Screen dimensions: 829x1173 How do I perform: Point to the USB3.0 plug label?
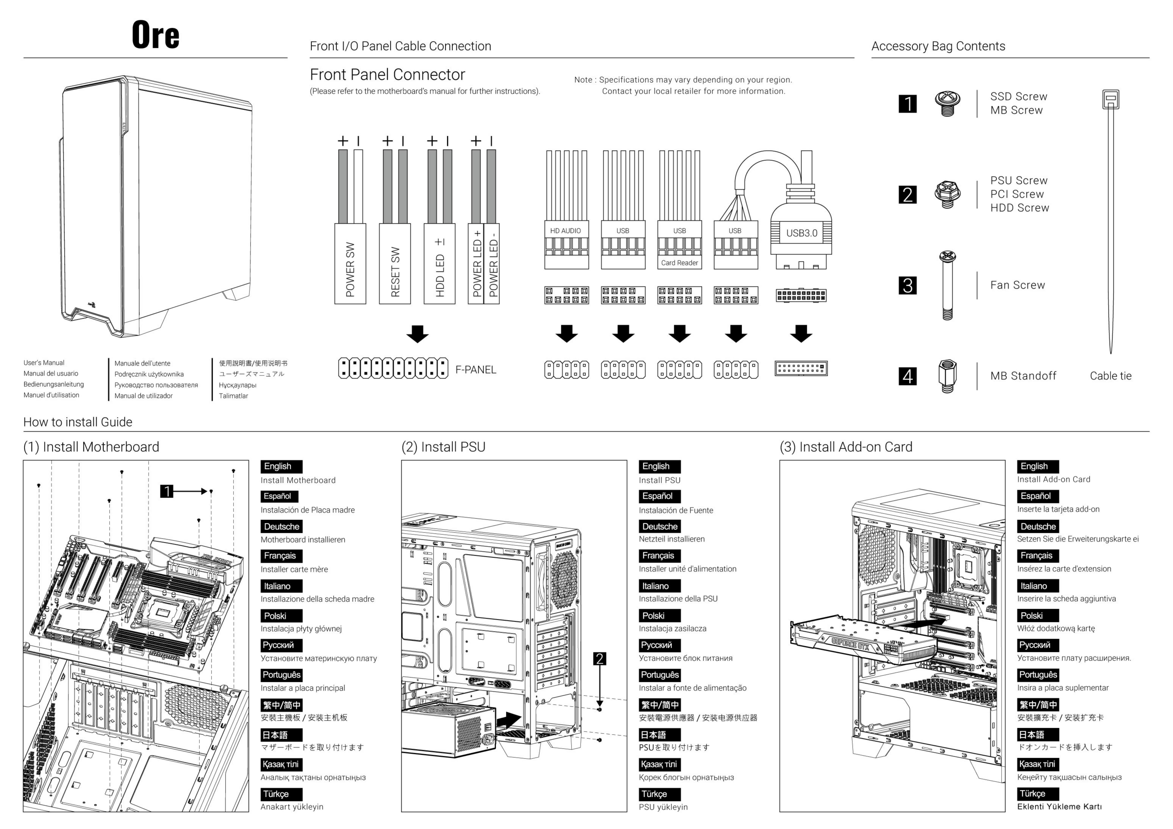coord(801,233)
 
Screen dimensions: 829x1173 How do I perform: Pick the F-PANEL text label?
coord(476,370)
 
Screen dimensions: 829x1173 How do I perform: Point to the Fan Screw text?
coord(1017,285)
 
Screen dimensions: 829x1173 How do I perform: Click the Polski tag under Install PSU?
coord(653,615)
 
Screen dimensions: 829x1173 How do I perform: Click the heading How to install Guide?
coord(78,422)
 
